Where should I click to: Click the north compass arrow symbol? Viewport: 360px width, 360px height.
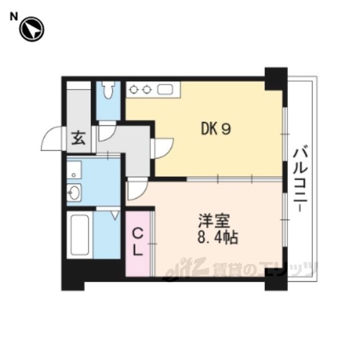(31, 29)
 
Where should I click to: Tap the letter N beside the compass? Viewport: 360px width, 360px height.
(13, 16)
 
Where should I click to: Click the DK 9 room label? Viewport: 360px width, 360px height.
(216, 129)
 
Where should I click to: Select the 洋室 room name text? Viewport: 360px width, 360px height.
(214, 221)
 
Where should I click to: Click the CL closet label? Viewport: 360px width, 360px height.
(138, 243)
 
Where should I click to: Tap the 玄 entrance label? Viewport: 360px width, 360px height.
(78, 138)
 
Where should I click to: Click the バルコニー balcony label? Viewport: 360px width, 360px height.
(300, 179)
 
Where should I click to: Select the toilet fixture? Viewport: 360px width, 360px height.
(108, 90)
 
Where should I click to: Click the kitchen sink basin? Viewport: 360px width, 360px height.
(165, 89)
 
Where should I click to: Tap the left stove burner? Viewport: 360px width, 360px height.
(133, 89)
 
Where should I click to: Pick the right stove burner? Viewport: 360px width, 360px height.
(146, 89)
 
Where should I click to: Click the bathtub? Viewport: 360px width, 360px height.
(80, 235)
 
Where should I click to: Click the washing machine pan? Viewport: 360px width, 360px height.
(74, 170)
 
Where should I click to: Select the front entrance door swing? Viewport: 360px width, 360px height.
(51, 138)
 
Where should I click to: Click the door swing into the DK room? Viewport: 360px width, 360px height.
(164, 148)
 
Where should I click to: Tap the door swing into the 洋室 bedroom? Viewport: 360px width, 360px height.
(137, 189)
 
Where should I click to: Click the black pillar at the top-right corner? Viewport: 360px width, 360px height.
(276, 79)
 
